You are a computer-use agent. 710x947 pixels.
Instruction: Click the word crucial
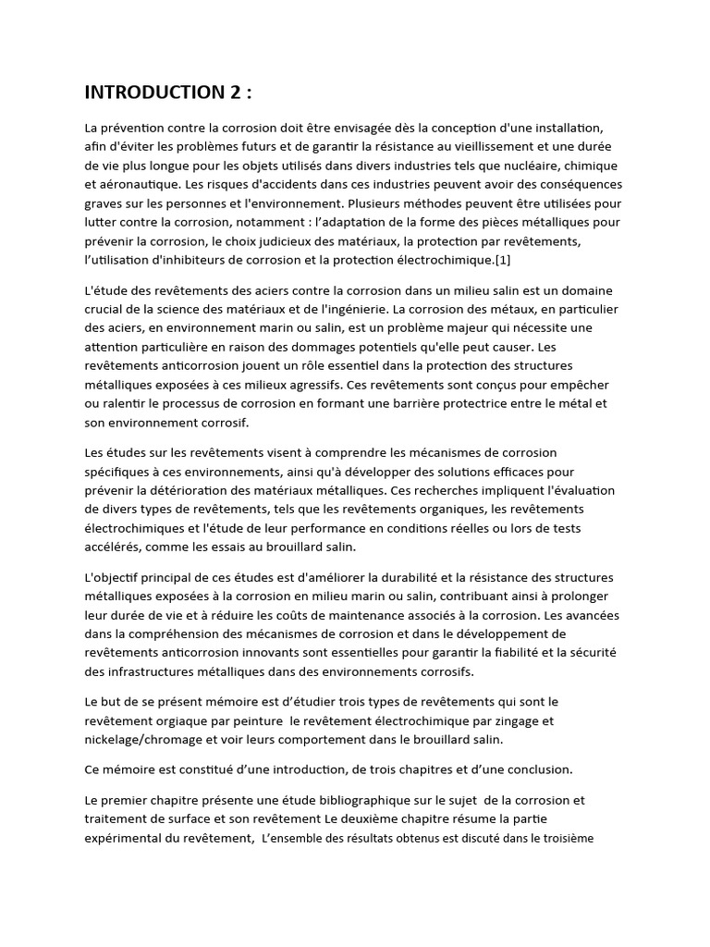tap(105, 308)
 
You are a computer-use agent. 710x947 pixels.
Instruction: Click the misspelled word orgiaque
tap(186, 721)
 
